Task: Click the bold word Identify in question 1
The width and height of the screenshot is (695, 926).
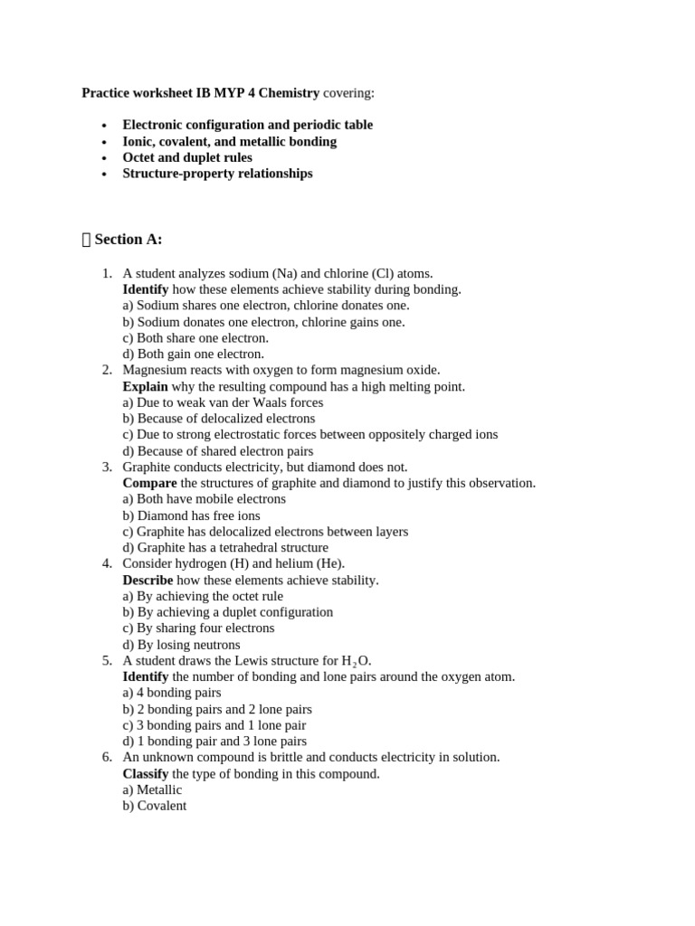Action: click(145, 289)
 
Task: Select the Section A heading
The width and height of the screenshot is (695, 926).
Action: click(128, 240)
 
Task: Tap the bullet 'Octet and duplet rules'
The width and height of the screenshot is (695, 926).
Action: click(187, 157)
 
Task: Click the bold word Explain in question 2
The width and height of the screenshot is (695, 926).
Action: click(145, 386)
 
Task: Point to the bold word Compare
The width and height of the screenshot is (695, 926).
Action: click(149, 483)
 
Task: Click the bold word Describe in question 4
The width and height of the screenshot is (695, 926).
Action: click(148, 580)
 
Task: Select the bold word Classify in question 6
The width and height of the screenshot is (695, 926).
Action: click(146, 774)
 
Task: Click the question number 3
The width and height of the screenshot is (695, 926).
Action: click(106, 467)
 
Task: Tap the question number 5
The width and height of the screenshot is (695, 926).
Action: click(106, 661)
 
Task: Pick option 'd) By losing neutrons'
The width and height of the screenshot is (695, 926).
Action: click(181, 645)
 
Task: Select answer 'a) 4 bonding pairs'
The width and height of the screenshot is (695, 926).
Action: click(172, 693)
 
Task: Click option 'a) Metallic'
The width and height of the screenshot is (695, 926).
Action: click(152, 789)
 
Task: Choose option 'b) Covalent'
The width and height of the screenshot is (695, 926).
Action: click(154, 806)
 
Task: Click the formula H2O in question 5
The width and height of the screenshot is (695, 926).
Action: click(356, 661)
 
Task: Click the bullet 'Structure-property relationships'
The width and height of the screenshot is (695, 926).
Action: click(217, 174)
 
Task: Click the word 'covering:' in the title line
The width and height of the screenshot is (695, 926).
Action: click(348, 92)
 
